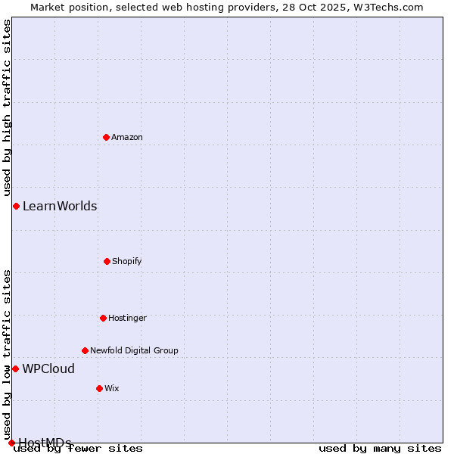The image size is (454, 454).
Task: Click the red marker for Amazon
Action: (107, 137)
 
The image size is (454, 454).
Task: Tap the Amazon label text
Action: (127, 137)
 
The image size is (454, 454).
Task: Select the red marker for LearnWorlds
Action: (16, 206)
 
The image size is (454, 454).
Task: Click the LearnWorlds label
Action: (60, 206)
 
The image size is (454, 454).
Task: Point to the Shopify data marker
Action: (107, 261)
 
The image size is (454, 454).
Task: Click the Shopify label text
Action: (127, 261)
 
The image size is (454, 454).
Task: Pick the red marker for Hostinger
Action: (103, 318)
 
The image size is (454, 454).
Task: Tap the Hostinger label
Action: (127, 318)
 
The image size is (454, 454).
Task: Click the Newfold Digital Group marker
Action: (85, 350)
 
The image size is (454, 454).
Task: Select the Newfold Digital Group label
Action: (134, 350)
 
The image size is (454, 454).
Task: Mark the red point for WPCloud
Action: (15, 368)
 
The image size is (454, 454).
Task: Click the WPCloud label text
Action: (48, 368)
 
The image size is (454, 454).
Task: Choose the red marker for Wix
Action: (99, 388)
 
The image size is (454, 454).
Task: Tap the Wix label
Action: (112, 388)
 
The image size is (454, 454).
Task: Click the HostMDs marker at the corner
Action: (11, 443)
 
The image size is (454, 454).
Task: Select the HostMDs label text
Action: (45, 443)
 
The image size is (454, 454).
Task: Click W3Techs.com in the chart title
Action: (387, 7)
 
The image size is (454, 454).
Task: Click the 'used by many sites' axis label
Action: (380, 448)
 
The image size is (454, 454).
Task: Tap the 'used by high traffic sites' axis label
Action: (7, 107)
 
